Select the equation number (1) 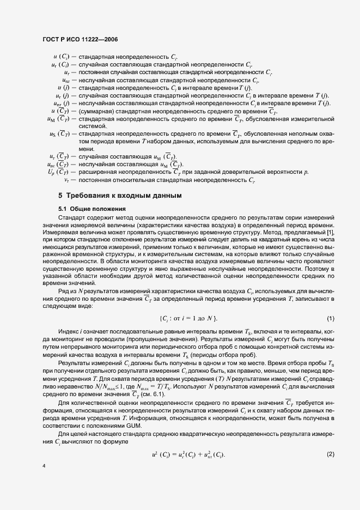click(330, 318)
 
